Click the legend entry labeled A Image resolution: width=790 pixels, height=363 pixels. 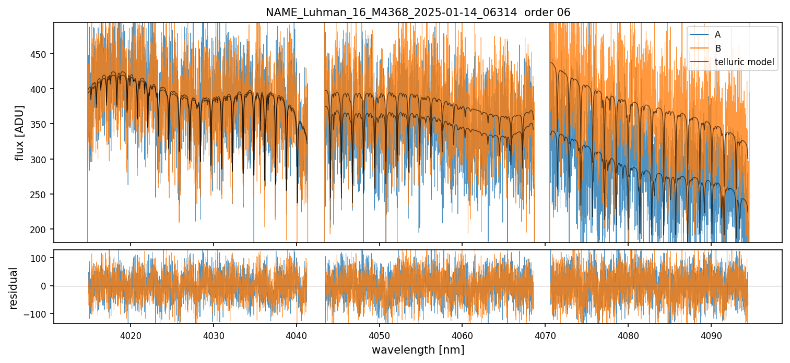click(x=717, y=34)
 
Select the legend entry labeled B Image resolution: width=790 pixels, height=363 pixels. click(x=717, y=49)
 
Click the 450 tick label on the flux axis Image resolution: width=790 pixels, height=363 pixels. click(x=40, y=54)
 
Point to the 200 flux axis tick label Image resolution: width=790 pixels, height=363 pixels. click(x=40, y=229)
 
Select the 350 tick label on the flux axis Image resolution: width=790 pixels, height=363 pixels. click(x=40, y=124)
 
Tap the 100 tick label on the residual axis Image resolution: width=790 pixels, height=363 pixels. click(x=40, y=258)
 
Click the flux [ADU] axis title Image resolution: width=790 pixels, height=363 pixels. click(x=20, y=132)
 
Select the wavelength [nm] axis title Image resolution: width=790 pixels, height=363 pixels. click(x=418, y=350)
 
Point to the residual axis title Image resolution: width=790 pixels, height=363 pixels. click(x=14, y=288)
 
